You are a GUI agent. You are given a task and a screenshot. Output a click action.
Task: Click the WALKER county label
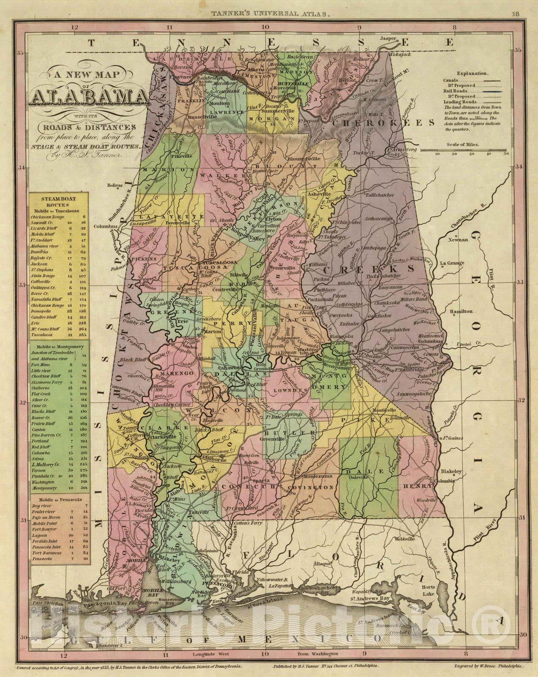[224, 175]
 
